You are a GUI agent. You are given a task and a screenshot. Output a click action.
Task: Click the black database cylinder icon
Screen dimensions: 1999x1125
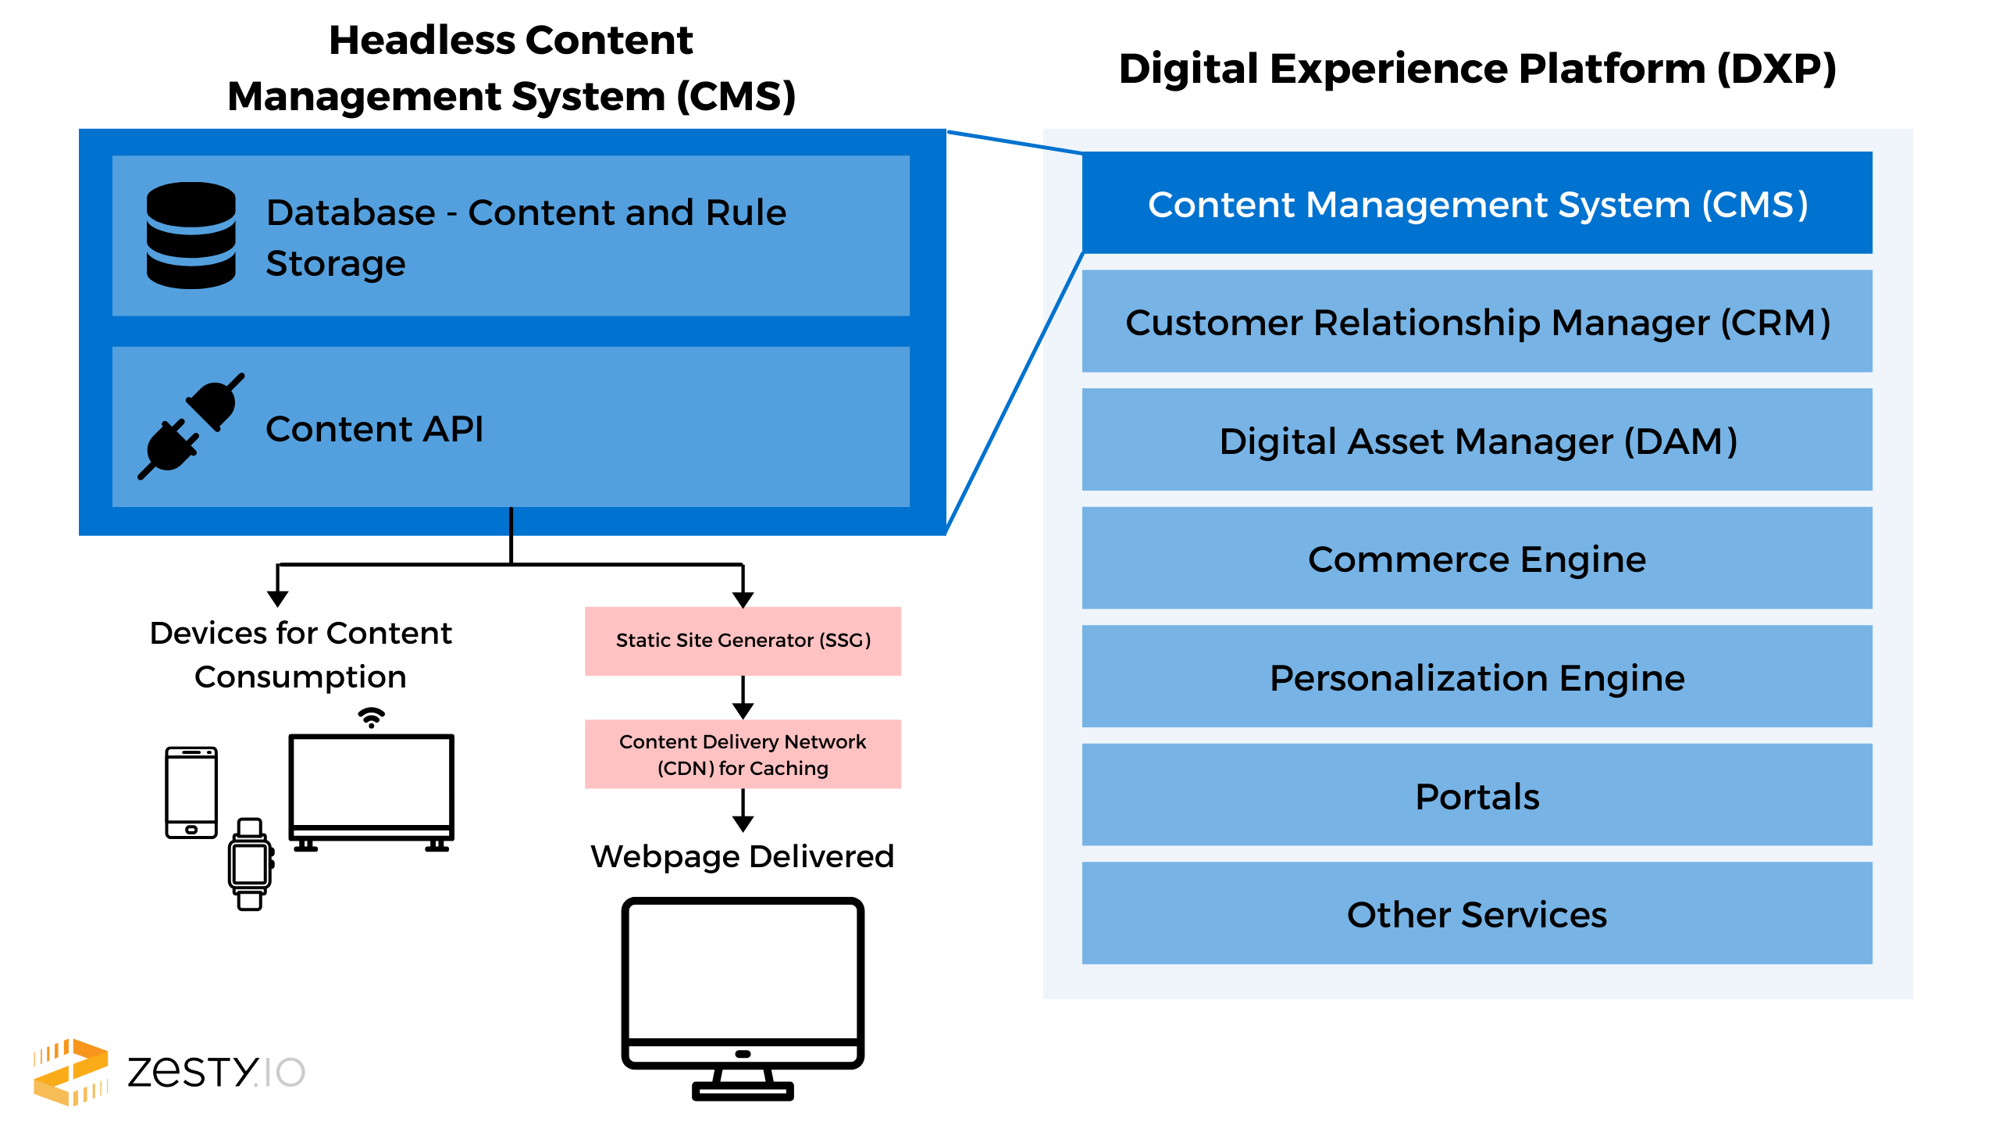(x=191, y=235)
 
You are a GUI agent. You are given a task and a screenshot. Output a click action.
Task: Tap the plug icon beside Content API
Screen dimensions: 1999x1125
(x=191, y=427)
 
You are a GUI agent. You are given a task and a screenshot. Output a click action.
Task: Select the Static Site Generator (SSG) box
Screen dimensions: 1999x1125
(x=743, y=641)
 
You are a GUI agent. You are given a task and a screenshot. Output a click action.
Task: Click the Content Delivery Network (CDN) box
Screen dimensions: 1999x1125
(x=743, y=754)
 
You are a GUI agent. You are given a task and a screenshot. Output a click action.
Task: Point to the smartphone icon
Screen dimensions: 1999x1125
(x=191, y=792)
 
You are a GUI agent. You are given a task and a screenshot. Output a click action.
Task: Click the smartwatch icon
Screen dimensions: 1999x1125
(x=250, y=864)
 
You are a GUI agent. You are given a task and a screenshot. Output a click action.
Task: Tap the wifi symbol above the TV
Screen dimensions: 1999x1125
(x=372, y=717)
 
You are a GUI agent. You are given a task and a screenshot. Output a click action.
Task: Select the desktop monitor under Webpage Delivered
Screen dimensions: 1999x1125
(x=743, y=998)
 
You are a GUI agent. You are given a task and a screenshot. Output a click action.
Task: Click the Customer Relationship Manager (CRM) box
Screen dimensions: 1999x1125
(x=1477, y=321)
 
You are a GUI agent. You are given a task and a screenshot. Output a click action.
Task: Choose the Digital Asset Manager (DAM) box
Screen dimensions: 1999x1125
(x=1477, y=440)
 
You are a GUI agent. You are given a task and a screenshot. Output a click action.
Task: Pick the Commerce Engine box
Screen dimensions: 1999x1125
(x=1477, y=558)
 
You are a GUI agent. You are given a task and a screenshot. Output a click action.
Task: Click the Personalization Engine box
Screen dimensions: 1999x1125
(x=1477, y=677)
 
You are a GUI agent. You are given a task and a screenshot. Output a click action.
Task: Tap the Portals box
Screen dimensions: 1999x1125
(x=1477, y=795)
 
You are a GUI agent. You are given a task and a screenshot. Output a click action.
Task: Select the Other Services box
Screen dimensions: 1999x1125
(x=1477, y=913)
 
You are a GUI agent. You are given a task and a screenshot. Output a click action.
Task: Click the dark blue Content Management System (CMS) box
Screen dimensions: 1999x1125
(x=1477, y=203)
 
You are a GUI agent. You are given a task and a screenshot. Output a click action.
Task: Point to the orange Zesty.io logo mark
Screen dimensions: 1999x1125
(x=70, y=1072)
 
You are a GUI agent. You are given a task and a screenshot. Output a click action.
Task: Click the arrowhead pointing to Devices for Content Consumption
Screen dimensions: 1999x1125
(x=278, y=599)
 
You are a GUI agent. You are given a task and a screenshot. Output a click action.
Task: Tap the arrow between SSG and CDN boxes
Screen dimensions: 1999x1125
(x=743, y=698)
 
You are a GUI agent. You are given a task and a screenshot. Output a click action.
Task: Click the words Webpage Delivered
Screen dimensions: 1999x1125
(x=742, y=857)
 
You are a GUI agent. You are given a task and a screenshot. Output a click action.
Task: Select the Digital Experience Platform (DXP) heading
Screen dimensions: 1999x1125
(x=1477, y=69)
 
